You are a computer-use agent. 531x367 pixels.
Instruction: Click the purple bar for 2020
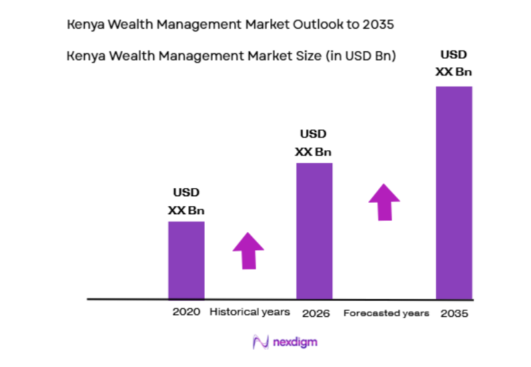(186, 260)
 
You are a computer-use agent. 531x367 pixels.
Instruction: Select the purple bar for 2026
(314, 231)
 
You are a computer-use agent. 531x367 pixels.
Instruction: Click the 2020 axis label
(186, 312)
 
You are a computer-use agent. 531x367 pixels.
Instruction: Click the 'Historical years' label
(249, 312)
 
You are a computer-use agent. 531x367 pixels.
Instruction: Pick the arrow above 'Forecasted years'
(384, 202)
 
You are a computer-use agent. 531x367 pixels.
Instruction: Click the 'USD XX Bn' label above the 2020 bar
(186, 202)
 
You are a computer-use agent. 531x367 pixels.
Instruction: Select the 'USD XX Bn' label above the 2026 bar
(314, 143)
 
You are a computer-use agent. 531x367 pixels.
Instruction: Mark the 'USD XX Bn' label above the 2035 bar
(454, 63)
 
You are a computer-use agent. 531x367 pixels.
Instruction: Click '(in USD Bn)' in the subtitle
(360, 57)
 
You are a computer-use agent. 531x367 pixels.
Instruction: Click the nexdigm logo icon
(259, 342)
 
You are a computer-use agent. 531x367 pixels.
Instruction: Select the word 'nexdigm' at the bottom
(294, 342)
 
